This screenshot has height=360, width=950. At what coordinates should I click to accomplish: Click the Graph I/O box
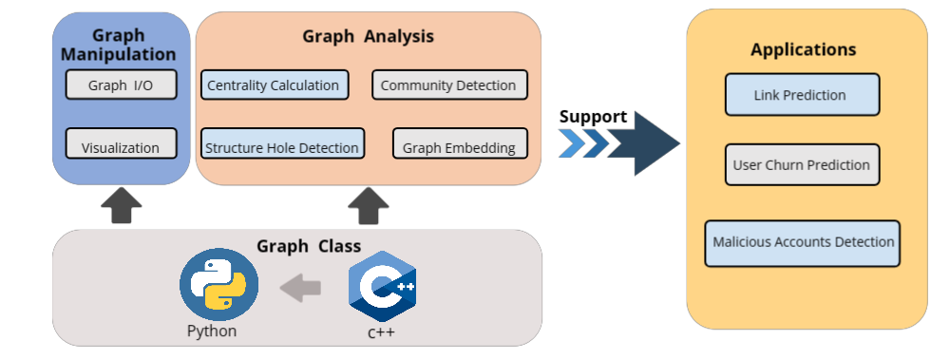click(x=121, y=85)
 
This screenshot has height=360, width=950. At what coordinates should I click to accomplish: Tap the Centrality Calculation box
click(x=275, y=85)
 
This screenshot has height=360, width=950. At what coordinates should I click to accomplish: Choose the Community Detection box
click(x=448, y=85)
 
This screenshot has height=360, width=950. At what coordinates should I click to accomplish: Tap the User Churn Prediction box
click(x=801, y=164)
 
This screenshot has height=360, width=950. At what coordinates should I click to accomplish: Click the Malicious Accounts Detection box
click(x=803, y=242)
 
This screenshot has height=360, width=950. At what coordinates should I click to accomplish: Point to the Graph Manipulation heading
click(x=120, y=45)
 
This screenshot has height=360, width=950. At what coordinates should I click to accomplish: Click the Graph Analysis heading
click(x=368, y=36)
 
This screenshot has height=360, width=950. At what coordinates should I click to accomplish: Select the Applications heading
click(x=803, y=49)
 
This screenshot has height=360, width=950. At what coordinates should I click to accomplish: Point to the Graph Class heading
click(x=309, y=245)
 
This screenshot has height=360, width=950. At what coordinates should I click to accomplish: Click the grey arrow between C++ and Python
click(x=300, y=287)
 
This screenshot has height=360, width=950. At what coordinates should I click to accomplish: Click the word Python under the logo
click(x=212, y=332)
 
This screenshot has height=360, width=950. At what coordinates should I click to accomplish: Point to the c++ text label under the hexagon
click(x=381, y=332)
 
